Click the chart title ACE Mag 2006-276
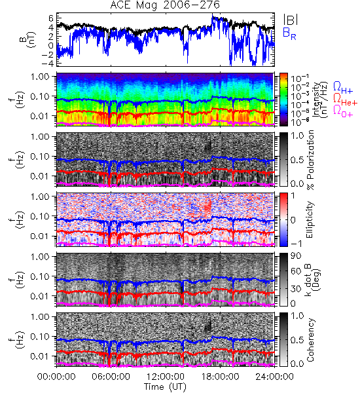coord(165,5)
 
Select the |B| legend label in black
coord(291,20)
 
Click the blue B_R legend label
coord(289,33)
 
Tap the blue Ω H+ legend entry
coord(343,88)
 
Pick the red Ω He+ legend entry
coord(345,100)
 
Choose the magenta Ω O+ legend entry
coord(343,111)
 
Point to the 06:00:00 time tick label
coord(111,377)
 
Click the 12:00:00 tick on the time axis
coord(166,377)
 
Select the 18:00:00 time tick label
coord(220,377)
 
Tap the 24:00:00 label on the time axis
coord(274,377)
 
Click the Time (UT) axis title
coord(165,387)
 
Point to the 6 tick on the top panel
coord(51,18)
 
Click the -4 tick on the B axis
coord(48,63)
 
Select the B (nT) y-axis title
coord(28,39)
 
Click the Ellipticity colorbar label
coord(310,219)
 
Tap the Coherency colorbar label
coord(310,340)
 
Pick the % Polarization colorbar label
coord(310,160)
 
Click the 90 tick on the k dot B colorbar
coord(296,256)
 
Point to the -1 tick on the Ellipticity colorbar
coord(296,244)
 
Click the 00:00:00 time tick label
coord(56,377)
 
